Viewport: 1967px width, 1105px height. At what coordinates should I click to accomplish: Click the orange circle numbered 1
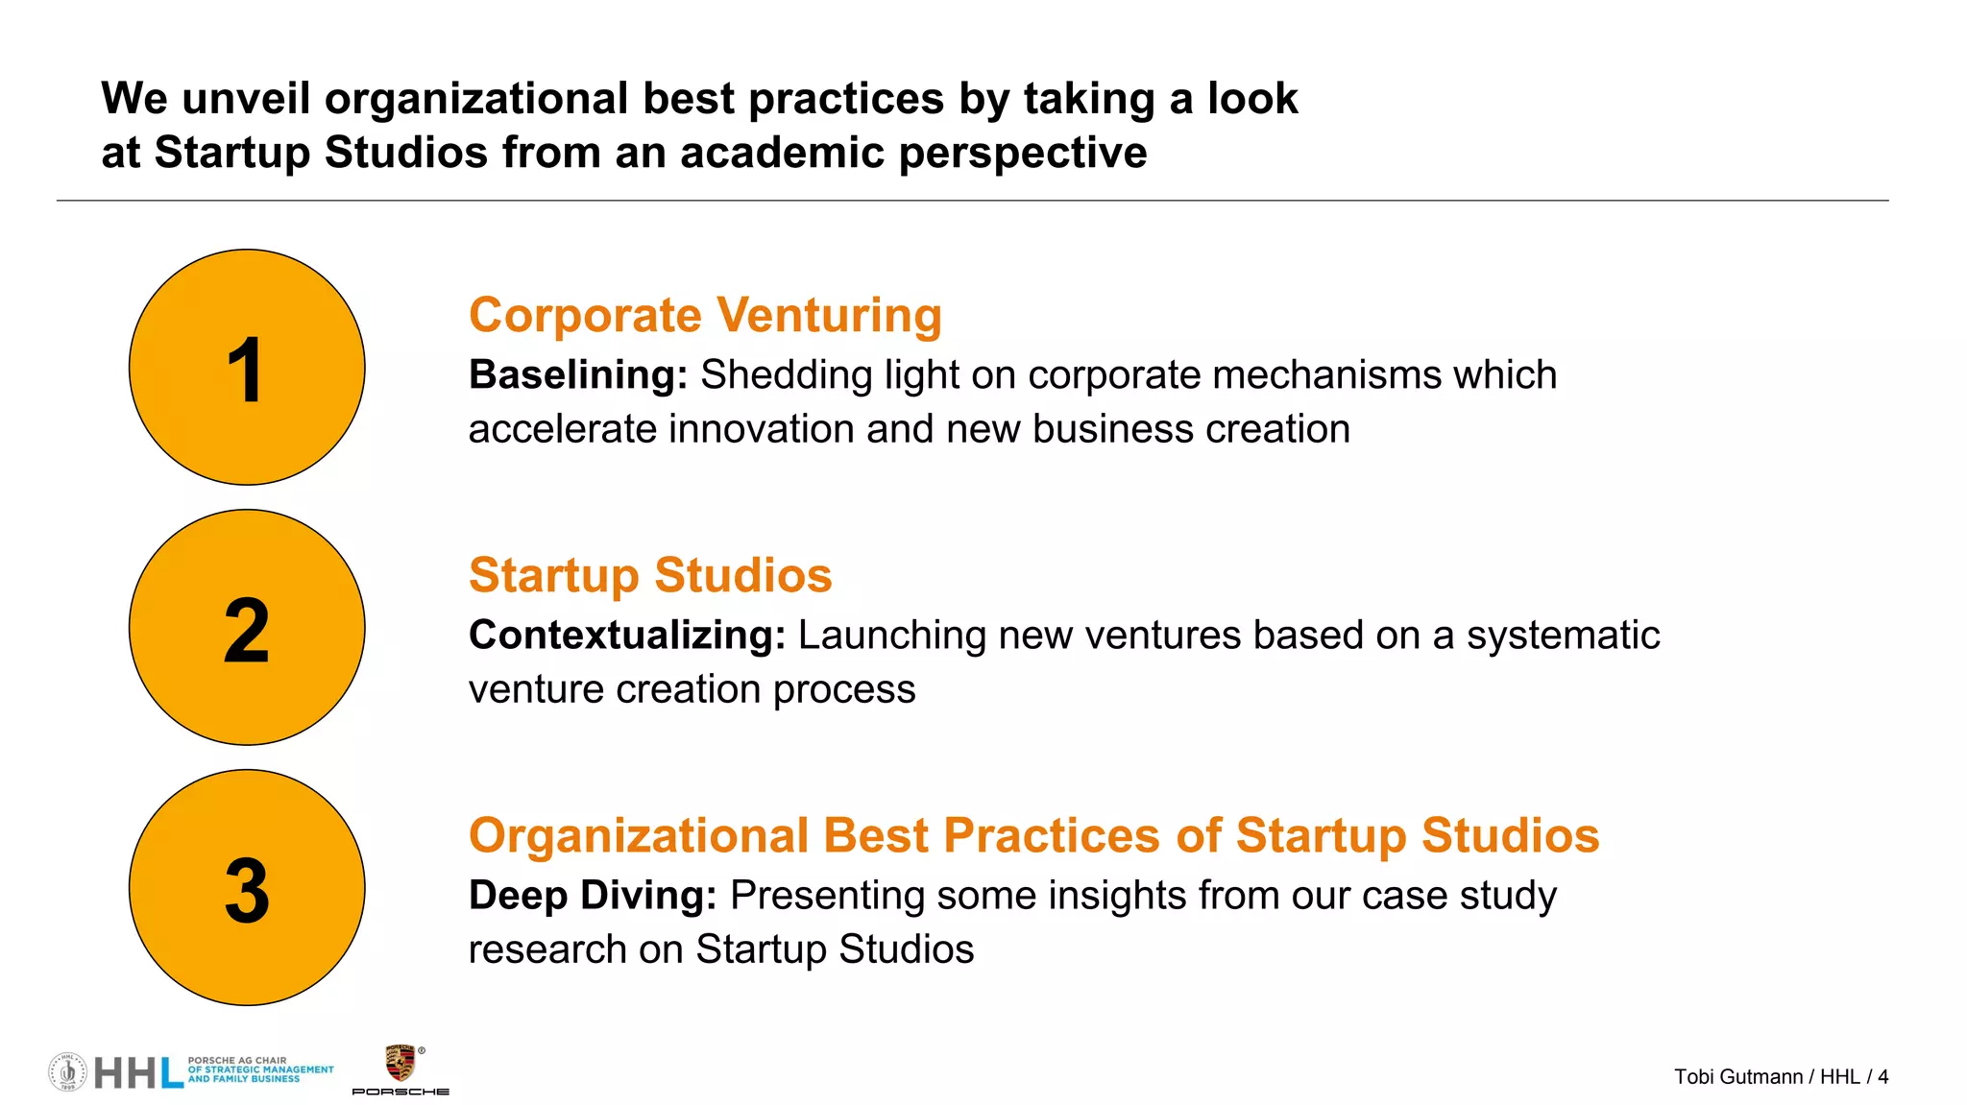(247, 367)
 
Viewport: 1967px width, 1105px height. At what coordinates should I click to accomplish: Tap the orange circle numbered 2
(247, 627)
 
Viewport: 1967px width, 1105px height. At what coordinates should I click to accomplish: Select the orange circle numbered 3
(247, 887)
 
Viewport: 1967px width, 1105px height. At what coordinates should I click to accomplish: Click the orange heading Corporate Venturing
(705, 315)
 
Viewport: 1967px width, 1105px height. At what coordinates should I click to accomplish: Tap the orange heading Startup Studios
(650, 575)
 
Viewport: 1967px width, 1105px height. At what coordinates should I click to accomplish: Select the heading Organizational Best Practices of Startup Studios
(1033, 835)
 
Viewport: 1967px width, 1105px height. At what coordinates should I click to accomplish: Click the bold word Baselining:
(577, 375)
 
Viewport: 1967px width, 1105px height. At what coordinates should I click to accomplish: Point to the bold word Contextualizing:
(627, 636)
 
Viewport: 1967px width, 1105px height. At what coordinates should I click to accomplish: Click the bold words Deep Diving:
(593, 896)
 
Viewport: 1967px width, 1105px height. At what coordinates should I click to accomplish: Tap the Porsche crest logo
(400, 1064)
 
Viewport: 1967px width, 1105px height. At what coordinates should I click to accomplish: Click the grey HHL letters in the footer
(138, 1073)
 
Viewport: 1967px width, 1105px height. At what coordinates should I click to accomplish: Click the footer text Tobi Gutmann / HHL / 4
(1781, 1077)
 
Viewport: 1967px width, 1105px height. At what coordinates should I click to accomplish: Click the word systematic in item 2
(1563, 636)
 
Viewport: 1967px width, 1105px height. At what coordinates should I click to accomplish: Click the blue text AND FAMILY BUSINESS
(244, 1079)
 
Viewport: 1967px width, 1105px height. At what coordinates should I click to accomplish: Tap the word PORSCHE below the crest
(401, 1092)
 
